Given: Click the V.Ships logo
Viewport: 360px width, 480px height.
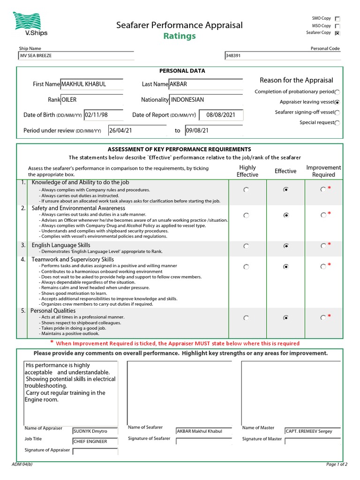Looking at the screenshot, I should coord(30,24).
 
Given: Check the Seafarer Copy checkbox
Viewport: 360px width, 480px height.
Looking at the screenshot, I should coord(337,33).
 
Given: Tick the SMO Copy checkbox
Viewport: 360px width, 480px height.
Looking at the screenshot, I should coord(337,19).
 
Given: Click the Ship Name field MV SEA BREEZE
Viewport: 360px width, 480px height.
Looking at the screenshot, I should coord(75,56).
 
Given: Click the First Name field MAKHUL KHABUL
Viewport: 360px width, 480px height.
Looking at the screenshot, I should coord(92,84).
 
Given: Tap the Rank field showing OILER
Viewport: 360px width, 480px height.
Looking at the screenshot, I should coord(92,100).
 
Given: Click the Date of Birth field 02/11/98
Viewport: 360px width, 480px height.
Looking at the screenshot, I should coord(103,115).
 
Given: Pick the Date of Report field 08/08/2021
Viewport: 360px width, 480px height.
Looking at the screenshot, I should coord(220,115).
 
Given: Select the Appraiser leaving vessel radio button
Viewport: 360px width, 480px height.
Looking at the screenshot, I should coord(337,102).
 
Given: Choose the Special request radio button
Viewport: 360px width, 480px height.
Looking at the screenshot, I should coord(337,123).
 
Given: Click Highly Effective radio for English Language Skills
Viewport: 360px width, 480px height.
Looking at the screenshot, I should coord(247,246).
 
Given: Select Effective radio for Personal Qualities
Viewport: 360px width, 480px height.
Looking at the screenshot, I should coord(286,318).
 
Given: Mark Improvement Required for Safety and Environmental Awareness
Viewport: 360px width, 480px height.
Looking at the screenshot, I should coord(323,215).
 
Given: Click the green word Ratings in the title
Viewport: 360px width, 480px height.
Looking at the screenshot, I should coord(180,36).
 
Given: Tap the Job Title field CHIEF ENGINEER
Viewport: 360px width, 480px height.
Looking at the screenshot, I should coord(95,441).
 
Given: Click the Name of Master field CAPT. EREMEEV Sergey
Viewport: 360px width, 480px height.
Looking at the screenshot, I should coord(312,431).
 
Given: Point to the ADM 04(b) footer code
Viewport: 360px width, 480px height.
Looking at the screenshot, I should coord(22,465).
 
